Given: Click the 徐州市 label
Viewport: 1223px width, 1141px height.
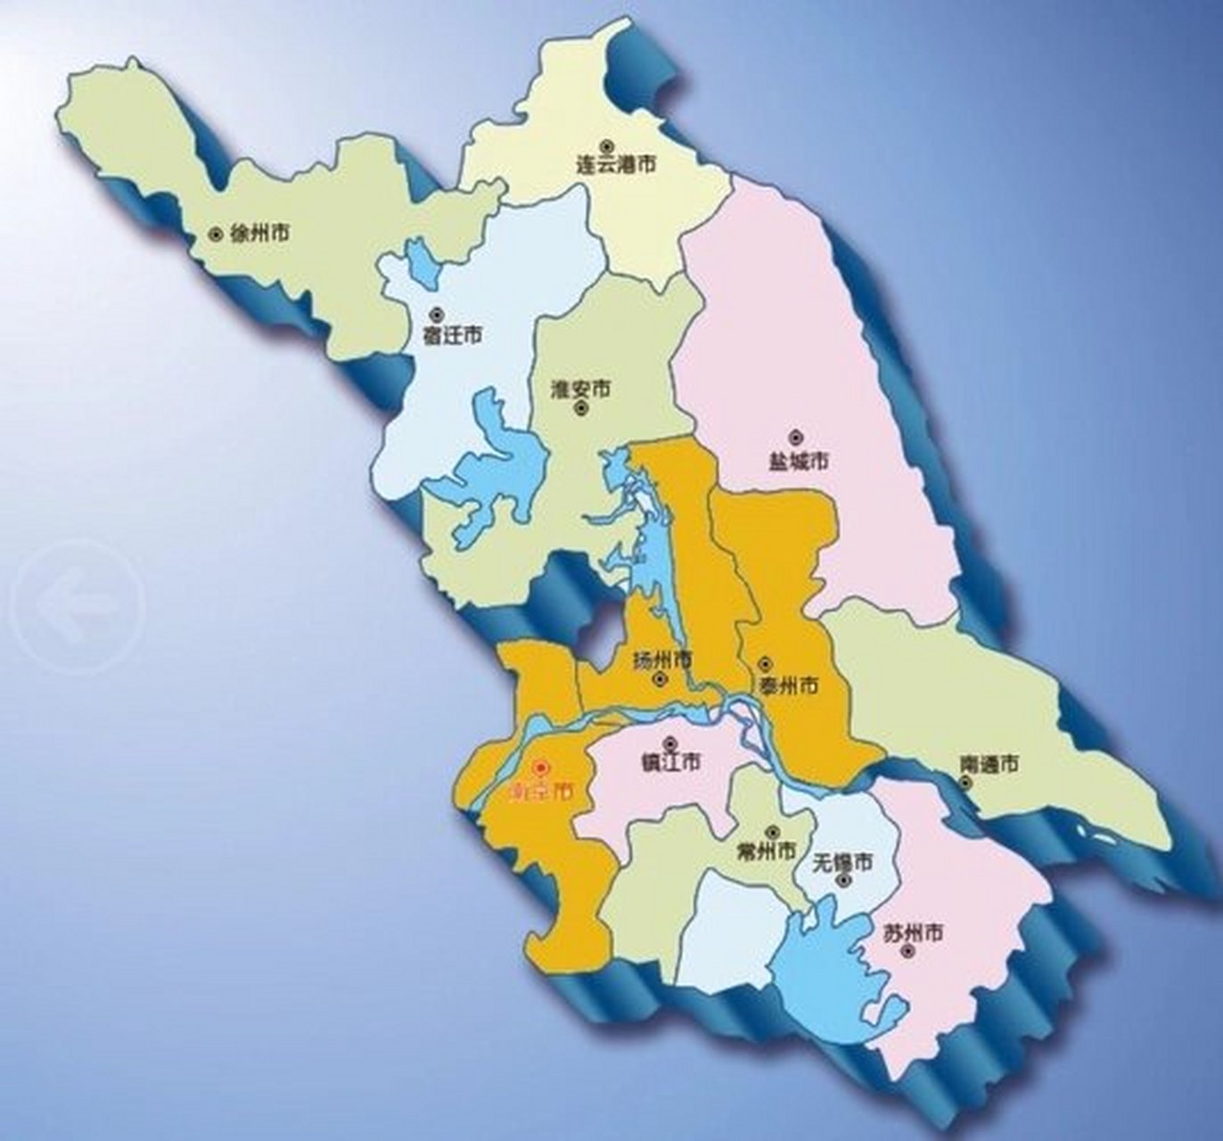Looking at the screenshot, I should [x=259, y=234].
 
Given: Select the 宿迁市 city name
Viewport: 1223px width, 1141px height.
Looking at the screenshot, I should [x=452, y=335].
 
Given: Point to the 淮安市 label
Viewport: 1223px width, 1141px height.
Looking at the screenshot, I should [x=581, y=390].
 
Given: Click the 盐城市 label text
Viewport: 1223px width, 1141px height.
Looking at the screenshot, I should [x=798, y=460].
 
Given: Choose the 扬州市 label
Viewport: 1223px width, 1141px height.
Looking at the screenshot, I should [x=661, y=661].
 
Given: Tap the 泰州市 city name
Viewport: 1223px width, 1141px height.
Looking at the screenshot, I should [x=788, y=685].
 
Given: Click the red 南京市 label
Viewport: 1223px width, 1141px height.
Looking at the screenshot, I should [x=539, y=791].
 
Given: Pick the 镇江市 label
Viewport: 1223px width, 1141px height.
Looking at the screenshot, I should [x=671, y=762].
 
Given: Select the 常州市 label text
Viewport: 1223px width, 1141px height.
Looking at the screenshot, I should [x=767, y=851].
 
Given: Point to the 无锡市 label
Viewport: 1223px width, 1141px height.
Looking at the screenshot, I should [x=842, y=862].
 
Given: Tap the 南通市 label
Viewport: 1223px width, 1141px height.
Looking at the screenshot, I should [x=989, y=764].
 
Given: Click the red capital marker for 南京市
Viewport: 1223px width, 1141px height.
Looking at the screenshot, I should [x=539, y=768].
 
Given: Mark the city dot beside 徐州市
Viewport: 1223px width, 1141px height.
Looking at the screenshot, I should [x=215, y=234].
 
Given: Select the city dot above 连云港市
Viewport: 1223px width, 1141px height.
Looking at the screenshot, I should [x=606, y=145].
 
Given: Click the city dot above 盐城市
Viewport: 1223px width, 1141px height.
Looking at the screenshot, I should [x=795, y=438].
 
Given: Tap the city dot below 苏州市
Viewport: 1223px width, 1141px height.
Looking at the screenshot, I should [x=907, y=952].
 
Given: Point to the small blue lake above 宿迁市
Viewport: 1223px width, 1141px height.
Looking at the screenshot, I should [x=422, y=259].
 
